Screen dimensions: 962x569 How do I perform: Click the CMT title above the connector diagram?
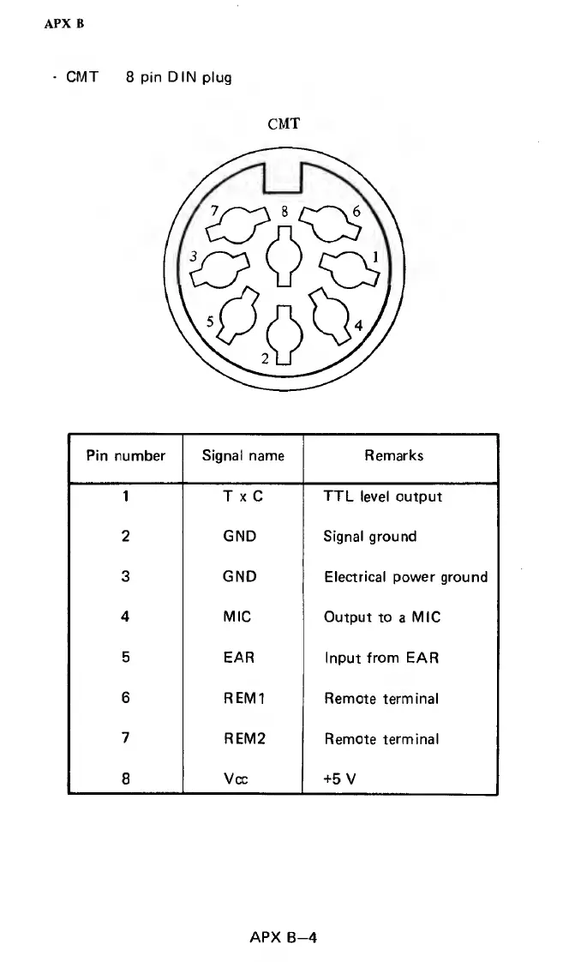tap(284, 124)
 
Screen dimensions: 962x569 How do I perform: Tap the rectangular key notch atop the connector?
tap(284, 178)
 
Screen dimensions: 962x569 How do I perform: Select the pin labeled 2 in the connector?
tap(284, 333)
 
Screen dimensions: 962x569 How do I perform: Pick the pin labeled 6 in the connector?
tap(330, 225)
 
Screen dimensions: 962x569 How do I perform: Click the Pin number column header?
tap(125, 456)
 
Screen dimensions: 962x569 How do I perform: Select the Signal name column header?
tap(243, 456)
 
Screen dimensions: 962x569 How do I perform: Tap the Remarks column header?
tap(393, 456)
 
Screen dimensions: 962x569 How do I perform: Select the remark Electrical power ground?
tap(405, 577)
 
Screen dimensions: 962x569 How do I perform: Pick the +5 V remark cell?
tap(338, 779)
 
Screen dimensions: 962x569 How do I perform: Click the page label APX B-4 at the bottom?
tap(284, 937)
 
